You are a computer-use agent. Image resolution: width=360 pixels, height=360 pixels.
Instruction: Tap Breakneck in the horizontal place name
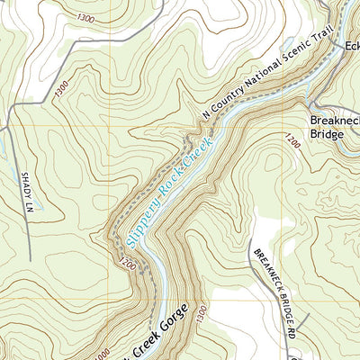click(x=334, y=119)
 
